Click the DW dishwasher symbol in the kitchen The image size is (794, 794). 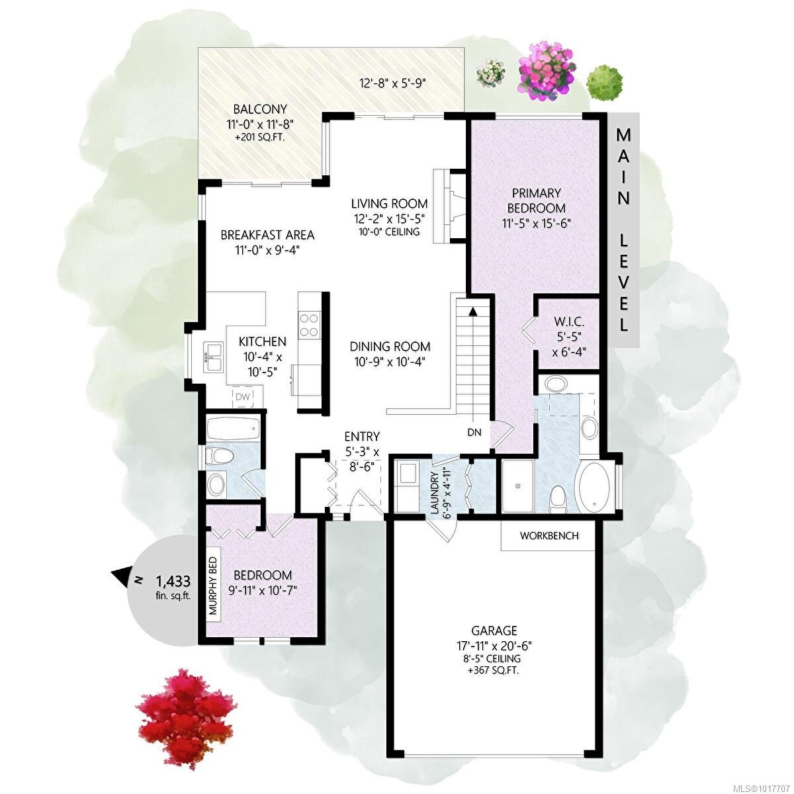[242, 396]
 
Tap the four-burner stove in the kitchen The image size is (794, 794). [309, 325]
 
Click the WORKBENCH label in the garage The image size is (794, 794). [549, 535]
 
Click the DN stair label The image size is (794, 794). [474, 433]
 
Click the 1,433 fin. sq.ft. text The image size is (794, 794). [173, 586]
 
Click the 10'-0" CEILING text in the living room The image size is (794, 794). [389, 232]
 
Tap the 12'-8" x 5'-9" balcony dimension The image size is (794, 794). [392, 83]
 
